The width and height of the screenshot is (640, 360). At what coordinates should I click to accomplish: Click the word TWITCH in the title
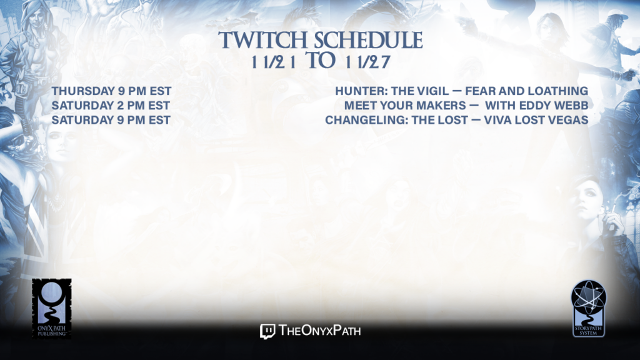[263, 40]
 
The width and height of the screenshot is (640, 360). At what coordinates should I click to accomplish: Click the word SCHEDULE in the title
[368, 40]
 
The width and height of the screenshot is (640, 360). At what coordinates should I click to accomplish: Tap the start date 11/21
[274, 62]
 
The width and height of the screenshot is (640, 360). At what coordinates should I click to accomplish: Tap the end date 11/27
[367, 62]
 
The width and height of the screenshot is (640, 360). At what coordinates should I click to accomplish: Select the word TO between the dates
[321, 61]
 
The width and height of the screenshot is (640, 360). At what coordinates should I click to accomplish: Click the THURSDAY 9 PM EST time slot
[111, 91]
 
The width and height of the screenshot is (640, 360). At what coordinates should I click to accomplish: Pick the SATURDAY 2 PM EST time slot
[111, 106]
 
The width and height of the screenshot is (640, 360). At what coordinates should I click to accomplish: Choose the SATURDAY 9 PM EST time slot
[111, 120]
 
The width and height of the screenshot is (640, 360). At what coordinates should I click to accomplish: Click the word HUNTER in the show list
[362, 91]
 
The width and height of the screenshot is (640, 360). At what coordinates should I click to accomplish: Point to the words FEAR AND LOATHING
[526, 91]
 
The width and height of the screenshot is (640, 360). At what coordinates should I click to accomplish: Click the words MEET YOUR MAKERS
[405, 106]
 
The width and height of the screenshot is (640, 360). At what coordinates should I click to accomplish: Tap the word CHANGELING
[366, 120]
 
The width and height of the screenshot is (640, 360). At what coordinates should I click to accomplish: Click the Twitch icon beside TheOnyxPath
[267, 331]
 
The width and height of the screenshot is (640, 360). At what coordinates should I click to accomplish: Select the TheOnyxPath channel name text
[319, 331]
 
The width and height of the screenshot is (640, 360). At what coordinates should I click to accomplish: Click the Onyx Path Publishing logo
[52, 309]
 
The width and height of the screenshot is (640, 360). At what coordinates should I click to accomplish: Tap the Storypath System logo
[589, 308]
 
